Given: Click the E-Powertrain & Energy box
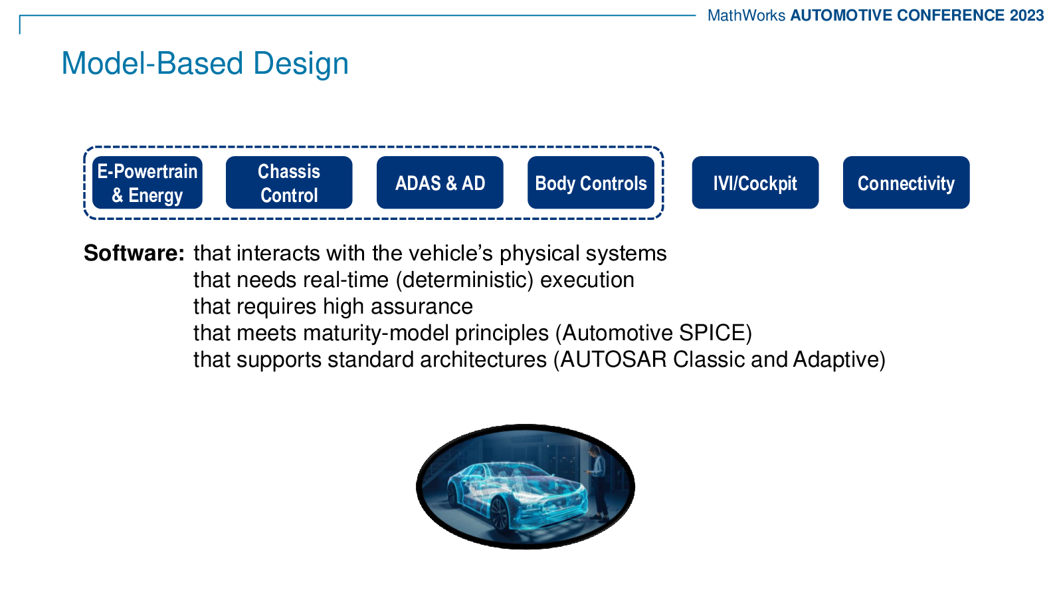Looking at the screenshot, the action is click(x=147, y=183).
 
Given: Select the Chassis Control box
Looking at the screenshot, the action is click(x=289, y=183).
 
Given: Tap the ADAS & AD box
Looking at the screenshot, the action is click(x=440, y=183).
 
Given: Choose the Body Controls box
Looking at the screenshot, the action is click(x=591, y=183).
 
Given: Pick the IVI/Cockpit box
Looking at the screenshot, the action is click(x=755, y=183).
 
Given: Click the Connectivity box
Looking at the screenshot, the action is click(x=906, y=183).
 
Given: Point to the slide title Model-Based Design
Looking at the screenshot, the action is click(x=205, y=64).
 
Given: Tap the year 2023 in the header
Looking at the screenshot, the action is click(x=1027, y=16).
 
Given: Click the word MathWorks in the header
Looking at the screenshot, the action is click(x=747, y=16).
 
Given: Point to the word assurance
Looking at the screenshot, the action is click(x=422, y=306).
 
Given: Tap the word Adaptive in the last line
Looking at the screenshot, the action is click(x=835, y=359).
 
